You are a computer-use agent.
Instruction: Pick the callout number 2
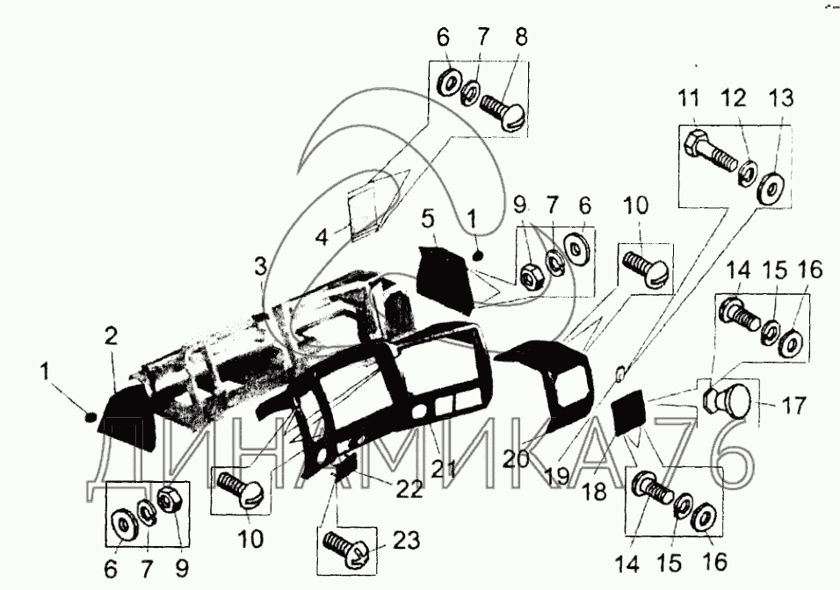click(x=111, y=335)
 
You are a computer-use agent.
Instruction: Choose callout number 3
click(x=260, y=264)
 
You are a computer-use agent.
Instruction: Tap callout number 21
click(x=443, y=468)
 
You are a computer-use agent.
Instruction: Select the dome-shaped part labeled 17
click(x=730, y=402)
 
